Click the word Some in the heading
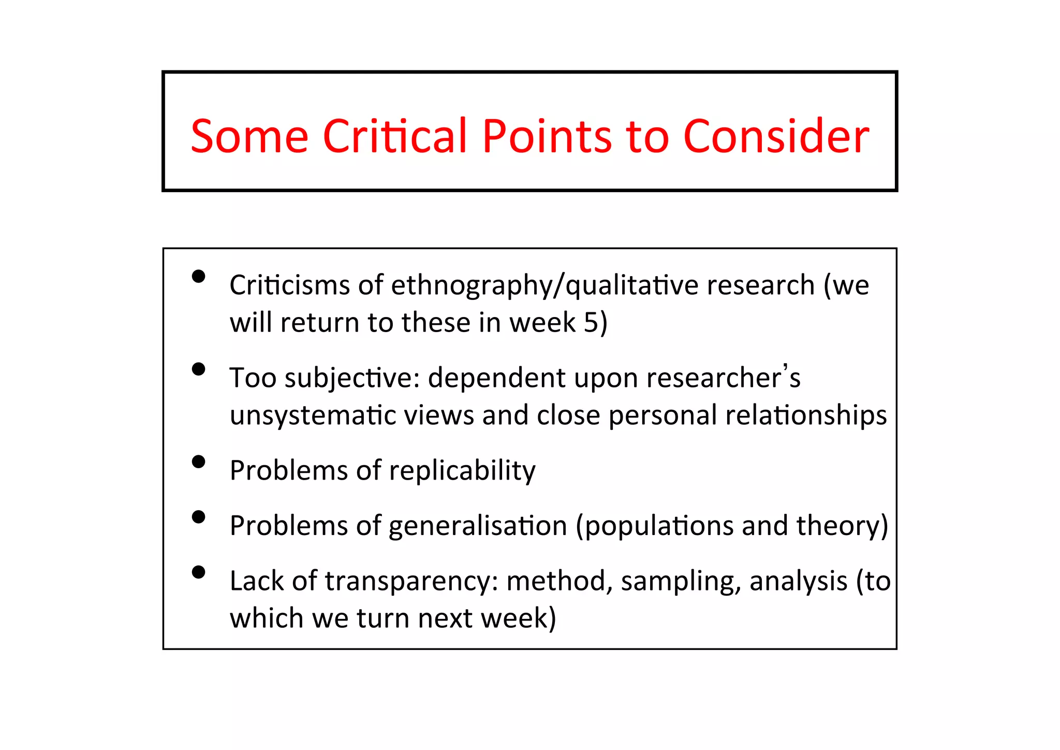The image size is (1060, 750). click(x=249, y=137)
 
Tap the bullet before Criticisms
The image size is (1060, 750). click(x=198, y=276)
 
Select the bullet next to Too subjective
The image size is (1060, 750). click(x=198, y=369)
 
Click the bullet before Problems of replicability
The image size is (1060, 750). click(x=198, y=461)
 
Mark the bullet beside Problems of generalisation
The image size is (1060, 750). click(x=198, y=516)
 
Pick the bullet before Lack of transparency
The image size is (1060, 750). click(x=198, y=572)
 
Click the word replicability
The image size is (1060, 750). click(x=462, y=471)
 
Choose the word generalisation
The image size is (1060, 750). click(x=478, y=526)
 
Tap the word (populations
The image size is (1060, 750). click(x=654, y=526)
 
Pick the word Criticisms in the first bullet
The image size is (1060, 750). click(x=289, y=285)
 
